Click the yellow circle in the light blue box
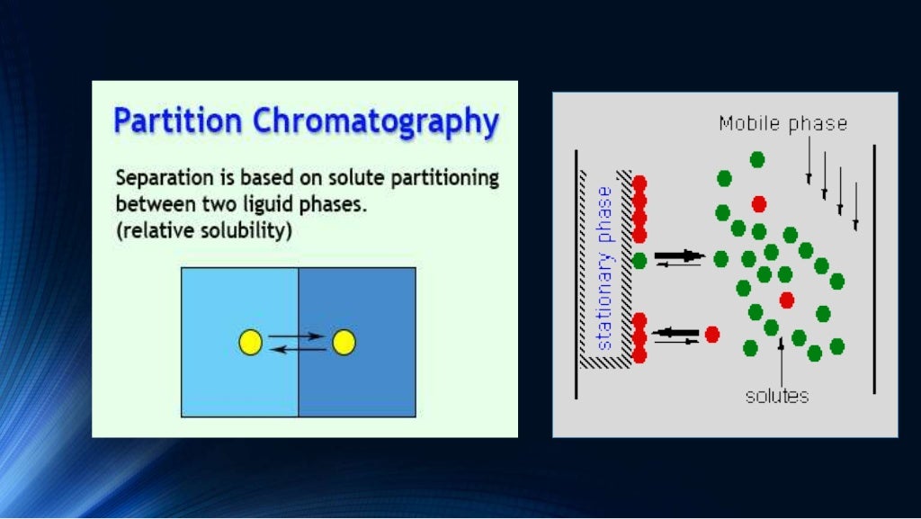tap(250, 342)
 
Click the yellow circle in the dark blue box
tap(344, 342)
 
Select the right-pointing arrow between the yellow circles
tap(297, 336)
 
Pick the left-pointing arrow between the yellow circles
tap(297, 348)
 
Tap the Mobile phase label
tap(782, 123)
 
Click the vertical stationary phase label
tap(604, 268)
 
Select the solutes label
tap(777, 396)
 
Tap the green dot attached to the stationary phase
tap(639, 260)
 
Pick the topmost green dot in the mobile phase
tap(757, 159)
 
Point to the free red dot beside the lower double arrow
tap(712, 335)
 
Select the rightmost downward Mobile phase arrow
tap(855, 206)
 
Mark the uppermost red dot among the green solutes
tap(759, 203)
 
